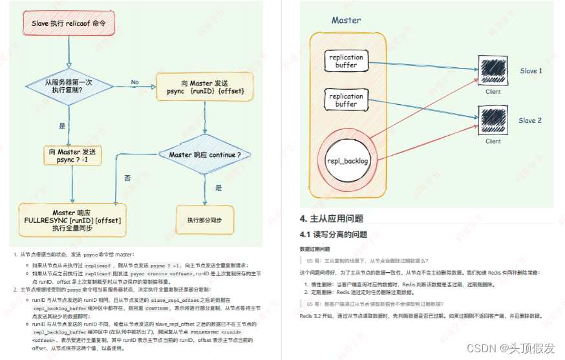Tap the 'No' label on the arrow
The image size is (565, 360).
(x=134, y=82)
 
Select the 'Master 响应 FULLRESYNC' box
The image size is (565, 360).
(x=69, y=220)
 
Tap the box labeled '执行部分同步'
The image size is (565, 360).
(x=204, y=220)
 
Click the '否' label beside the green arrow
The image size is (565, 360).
(x=127, y=176)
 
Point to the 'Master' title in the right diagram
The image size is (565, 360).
(x=346, y=20)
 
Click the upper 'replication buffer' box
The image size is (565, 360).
(x=346, y=61)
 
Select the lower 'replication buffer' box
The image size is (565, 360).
(x=346, y=100)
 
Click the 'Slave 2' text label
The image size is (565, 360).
(x=530, y=121)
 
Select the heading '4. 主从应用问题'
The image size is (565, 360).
(x=331, y=218)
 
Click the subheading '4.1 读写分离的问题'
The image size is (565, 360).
(x=333, y=234)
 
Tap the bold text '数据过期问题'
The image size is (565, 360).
(x=315, y=249)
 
